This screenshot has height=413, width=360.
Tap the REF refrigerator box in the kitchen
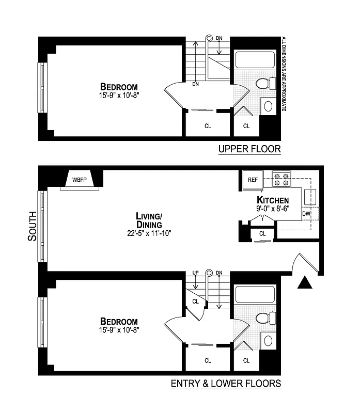(253, 180)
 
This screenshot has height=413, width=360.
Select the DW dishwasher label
(306, 213)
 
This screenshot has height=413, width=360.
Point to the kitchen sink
(310, 196)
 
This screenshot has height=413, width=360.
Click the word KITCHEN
(273, 200)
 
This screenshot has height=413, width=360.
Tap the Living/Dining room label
(149, 220)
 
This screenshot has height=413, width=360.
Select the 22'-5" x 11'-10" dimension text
(149, 233)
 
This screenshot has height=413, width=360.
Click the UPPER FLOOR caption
(249, 149)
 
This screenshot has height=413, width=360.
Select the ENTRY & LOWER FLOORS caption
(226, 384)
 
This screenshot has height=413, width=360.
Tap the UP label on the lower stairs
(195, 273)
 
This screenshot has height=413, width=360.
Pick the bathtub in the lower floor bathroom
(256, 295)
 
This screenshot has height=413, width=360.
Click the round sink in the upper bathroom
(269, 106)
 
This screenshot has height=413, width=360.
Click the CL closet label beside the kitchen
(262, 233)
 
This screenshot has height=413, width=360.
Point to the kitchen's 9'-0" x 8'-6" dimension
(273, 210)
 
